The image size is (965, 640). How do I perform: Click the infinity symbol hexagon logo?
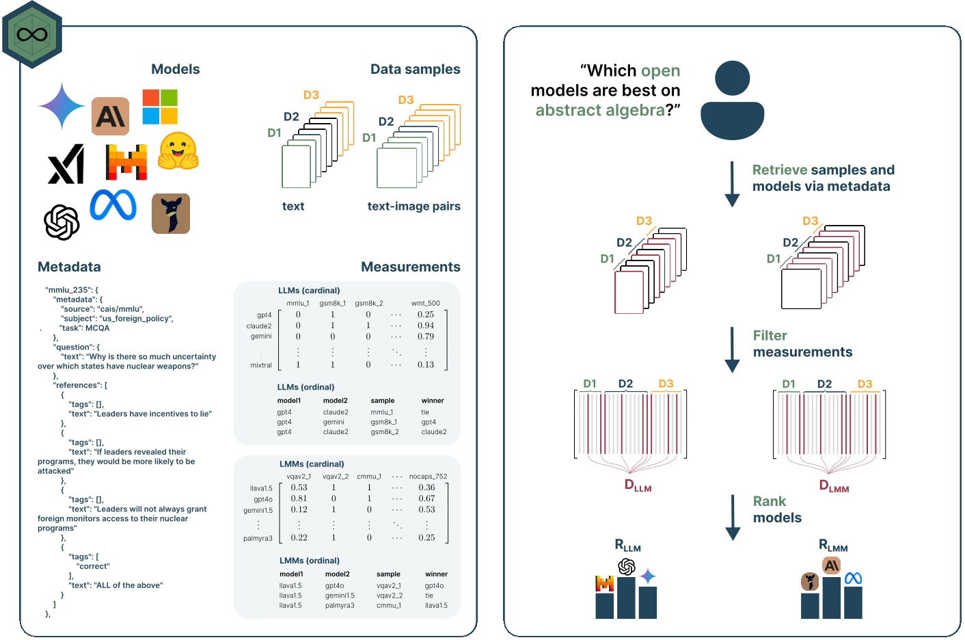32,34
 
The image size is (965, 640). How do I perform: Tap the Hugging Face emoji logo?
178,151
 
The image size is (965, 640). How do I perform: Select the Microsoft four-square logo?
160,107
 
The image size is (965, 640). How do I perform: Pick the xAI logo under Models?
66,164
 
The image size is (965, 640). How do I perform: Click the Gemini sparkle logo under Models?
62,106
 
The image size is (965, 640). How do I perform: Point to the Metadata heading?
69,267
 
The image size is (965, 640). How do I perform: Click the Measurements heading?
410,267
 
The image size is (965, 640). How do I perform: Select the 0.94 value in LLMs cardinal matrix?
426,325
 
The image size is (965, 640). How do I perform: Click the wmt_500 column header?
426,303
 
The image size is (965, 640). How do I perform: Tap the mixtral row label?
261,365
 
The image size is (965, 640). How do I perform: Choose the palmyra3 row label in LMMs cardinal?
258,538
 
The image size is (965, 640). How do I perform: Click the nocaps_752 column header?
428,477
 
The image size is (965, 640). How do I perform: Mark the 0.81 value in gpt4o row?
299,498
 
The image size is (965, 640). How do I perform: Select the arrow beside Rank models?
733,517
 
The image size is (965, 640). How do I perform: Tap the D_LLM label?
638,485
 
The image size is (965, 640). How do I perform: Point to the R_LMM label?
833,545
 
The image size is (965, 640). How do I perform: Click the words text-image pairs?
413,206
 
